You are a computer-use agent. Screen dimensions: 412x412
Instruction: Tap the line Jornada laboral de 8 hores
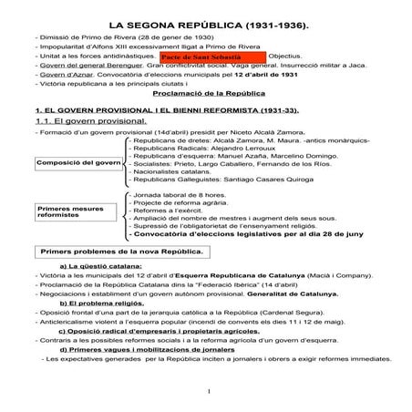180,195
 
